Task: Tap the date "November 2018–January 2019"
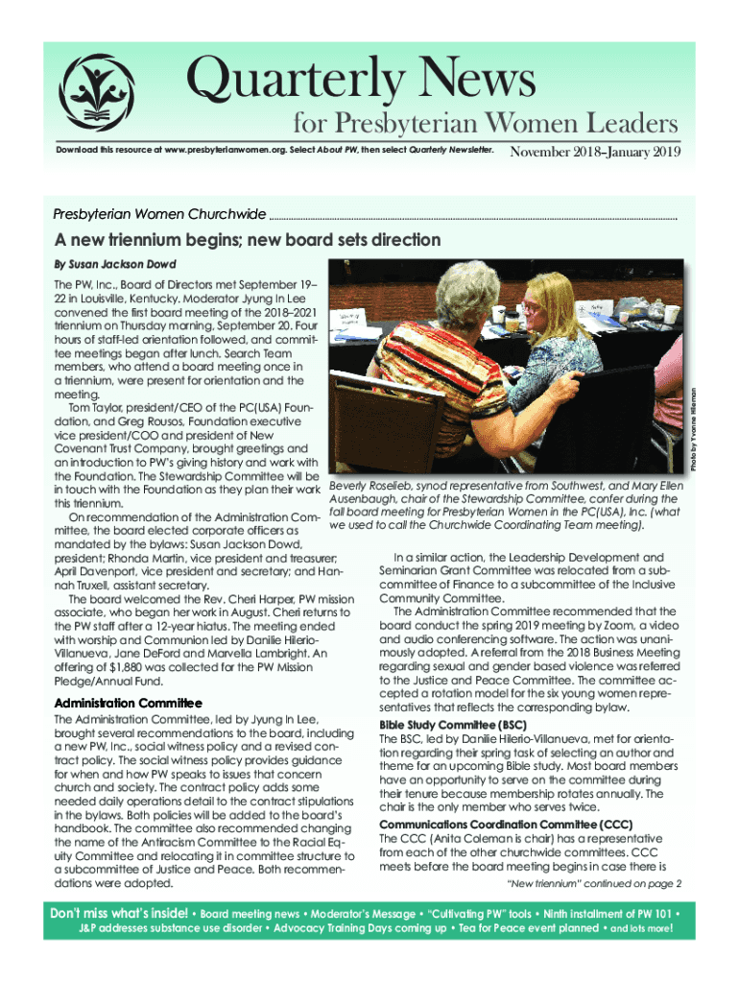pyautogui.click(x=595, y=153)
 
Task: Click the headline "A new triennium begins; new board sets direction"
pyautogui.click(x=248, y=240)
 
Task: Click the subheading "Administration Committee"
pyautogui.click(x=128, y=705)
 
